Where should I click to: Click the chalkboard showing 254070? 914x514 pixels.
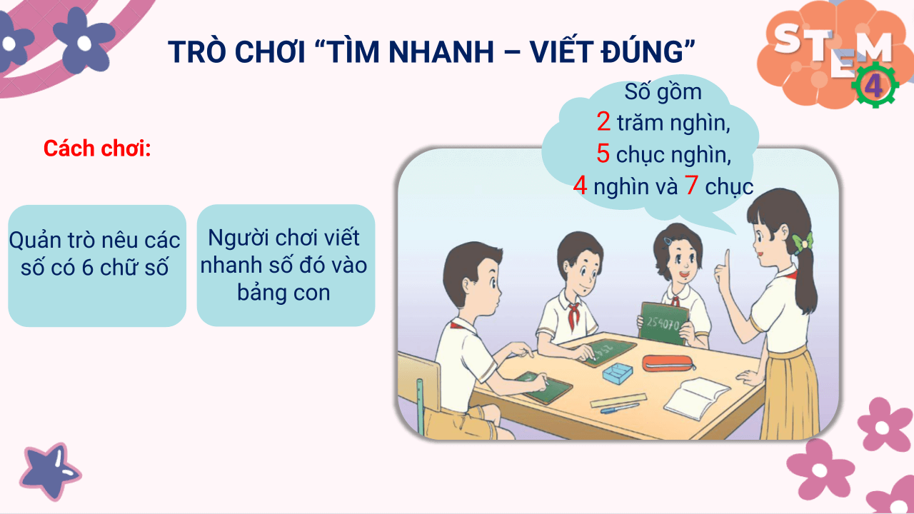661,323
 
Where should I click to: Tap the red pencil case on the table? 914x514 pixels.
668,363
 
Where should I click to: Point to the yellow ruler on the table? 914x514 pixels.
618,400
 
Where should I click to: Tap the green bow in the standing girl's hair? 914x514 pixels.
803,241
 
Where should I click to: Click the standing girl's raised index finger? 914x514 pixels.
726,259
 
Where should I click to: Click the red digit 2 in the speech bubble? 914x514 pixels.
603,122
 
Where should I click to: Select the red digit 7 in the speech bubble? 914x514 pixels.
690,186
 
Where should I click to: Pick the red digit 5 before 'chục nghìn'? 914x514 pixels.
603,154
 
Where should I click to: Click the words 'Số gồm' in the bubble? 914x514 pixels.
663,92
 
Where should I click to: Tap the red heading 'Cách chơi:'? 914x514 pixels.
97,148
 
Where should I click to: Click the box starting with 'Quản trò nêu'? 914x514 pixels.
97,266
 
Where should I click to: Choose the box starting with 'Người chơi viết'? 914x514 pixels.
286,266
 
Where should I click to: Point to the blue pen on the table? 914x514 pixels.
619,409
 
